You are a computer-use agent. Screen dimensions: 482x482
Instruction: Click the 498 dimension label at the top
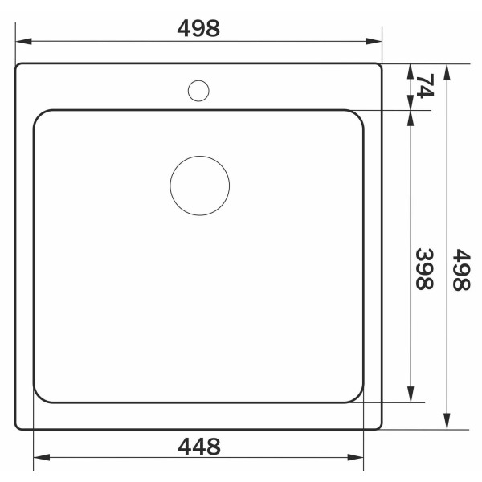tap(198, 28)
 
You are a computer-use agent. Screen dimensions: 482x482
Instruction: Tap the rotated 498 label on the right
tap(461, 270)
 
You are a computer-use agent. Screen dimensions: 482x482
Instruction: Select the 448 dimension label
tap(199, 447)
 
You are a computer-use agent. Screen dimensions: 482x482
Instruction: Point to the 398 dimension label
tap(424, 269)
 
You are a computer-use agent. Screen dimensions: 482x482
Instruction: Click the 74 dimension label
tap(425, 86)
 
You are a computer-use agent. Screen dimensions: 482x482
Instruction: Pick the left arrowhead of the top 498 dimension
tap(23, 41)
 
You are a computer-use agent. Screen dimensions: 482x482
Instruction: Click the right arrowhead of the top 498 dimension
tap(374, 41)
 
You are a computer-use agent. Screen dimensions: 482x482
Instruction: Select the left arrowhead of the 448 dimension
tap(42, 457)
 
